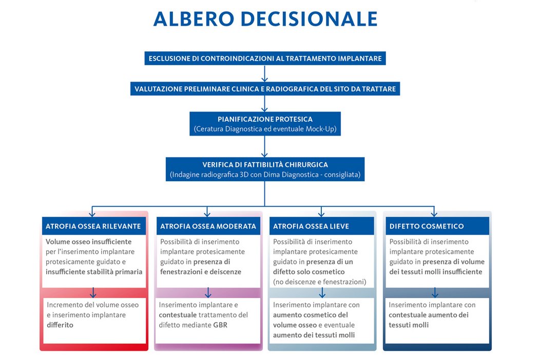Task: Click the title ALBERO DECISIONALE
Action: pos(265,19)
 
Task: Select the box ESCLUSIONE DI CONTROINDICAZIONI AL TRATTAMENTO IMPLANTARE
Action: pos(265,59)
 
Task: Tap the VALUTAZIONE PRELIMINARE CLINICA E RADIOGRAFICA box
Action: pos(265,89)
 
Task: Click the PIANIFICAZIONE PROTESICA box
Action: pos(265,124)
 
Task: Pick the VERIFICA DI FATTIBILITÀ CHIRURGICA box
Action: pos(265,169)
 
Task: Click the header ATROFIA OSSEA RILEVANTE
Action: pos(93,226)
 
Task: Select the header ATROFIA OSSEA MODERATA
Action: pos(208,226)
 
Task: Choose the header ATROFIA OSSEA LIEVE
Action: pos(322,226)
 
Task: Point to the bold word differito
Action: pos(60,325)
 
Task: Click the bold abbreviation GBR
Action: pos(220,325)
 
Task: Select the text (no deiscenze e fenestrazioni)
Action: pos(320,282)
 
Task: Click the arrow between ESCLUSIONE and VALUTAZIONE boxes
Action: pos(265,73)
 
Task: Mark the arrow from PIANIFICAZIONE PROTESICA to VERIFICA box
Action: pos(265,146)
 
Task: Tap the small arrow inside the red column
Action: pos(93,292)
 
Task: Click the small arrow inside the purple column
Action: pos(208,292)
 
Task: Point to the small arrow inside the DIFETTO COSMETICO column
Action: pos(435,292)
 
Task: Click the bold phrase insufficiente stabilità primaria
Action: pos(94,272)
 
